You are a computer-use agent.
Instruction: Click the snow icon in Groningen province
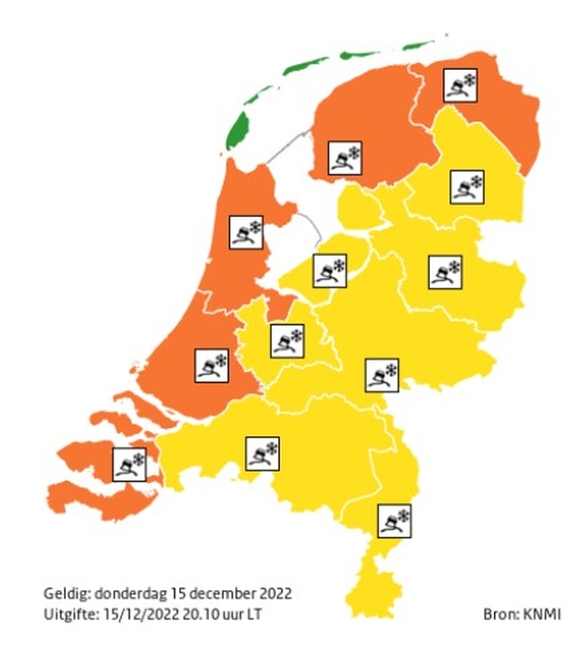459,86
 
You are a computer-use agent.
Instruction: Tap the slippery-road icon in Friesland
345,159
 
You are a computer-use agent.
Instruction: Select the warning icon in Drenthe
467,185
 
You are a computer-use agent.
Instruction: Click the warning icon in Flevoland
329,270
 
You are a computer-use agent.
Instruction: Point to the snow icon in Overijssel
445,271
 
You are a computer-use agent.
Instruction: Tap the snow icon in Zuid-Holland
211,365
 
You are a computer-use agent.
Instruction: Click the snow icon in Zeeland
129,463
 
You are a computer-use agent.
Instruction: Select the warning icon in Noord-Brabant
261,453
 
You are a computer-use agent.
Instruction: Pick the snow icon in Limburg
393,520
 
